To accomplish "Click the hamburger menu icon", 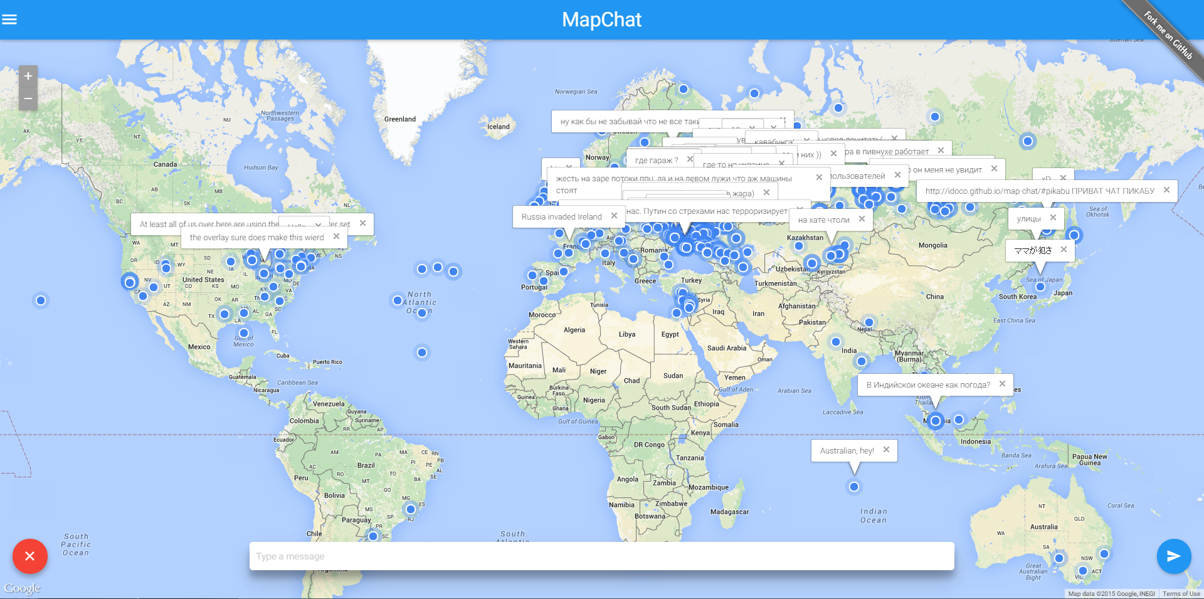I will click(9, 19).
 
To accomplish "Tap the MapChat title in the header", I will click(601, 19).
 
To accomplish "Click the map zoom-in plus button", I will click(28, 77).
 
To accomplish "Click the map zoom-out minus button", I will click(28, 98).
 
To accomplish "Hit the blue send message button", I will click(1173, 556).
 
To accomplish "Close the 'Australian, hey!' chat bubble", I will click(886, 450).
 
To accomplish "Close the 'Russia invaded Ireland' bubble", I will click(614, 216).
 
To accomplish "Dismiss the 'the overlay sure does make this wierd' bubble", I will click(336, 236).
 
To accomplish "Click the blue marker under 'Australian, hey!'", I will click(853, 487).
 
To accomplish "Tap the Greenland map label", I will click(400, 119).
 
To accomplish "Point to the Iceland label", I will click(499, 127).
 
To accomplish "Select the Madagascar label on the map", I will click(729, 512).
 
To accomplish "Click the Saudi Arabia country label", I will click(727, 348).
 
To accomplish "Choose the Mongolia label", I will click(932, 245).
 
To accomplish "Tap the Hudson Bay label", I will click(261, 167).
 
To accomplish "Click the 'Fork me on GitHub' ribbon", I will click(1168, 35).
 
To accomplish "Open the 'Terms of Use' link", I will click(1181, 593).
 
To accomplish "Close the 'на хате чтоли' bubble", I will click(862, 219).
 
